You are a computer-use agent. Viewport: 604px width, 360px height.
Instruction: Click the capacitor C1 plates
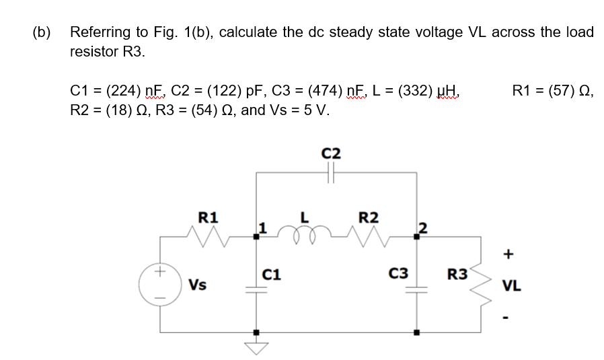pos(256,290)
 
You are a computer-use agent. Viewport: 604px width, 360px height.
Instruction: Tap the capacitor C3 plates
pos(417,290)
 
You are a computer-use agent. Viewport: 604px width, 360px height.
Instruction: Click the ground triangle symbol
pos(256,346)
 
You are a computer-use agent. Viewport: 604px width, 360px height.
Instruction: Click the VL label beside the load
pos(509,285)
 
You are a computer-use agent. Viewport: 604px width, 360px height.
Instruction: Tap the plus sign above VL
pos(509,254)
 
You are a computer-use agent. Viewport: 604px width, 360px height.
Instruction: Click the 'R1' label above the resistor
pos(208,217)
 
